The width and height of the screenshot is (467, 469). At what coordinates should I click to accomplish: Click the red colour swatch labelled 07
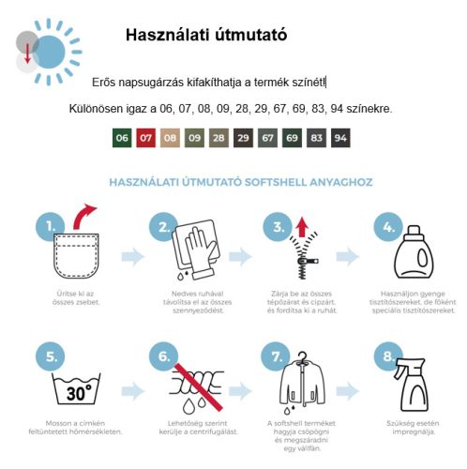(x=145, y=138)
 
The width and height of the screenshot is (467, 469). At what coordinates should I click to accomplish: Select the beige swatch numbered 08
(x=170, y=138)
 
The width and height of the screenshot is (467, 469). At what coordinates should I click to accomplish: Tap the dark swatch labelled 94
(x=340, y=138)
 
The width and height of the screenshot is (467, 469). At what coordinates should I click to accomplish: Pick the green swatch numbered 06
(x=122, y=138)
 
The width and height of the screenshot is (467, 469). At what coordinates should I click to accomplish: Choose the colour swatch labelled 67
(x=267, y=138)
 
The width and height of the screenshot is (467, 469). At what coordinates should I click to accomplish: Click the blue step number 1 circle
(x=50, y=226)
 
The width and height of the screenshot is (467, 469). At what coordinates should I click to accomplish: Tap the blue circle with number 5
(x=51, y=356)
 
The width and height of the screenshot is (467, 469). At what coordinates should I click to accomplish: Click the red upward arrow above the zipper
(x=302, y=227)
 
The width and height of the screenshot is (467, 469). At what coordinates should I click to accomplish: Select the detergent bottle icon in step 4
(x=414, y=252)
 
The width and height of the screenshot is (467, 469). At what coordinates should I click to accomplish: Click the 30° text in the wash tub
(x=79, y=393)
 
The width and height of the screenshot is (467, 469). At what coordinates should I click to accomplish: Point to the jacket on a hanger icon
(x=302, y=382)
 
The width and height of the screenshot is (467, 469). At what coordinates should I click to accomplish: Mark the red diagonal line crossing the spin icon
(x=199, y=387)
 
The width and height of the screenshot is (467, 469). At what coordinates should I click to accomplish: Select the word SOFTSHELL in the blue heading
(x=275, y=182)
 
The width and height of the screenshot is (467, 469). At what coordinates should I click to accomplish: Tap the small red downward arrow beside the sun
(x=27, y=53)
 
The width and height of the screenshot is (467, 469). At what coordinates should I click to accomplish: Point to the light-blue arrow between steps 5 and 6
(x=133, y=391)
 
